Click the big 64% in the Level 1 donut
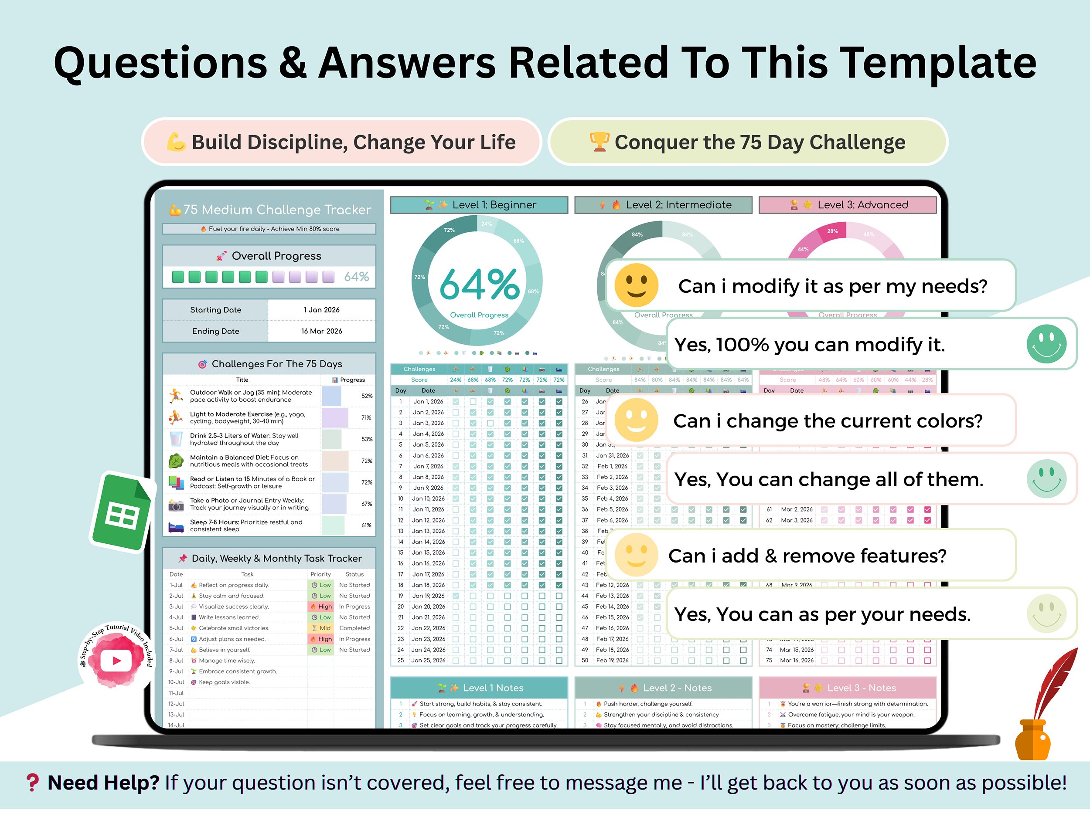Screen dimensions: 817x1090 (479, 285)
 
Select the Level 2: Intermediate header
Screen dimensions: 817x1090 (663, 205)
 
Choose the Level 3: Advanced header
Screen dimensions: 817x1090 (848, 205)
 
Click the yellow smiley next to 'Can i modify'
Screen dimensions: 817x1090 (636, 285)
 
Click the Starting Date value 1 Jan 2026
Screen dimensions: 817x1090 (321, 310)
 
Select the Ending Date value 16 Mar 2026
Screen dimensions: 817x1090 (321, 331)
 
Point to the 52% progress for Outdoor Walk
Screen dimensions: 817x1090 (367, 396)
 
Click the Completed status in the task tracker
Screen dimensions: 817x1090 (354, 628)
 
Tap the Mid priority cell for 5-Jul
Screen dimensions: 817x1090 (321, 628)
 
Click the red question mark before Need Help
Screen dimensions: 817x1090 (33, 783)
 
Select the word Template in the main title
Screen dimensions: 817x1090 (937, 63)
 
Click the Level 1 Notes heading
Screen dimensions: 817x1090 (480, 688)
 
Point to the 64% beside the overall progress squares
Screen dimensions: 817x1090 (356, 277)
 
